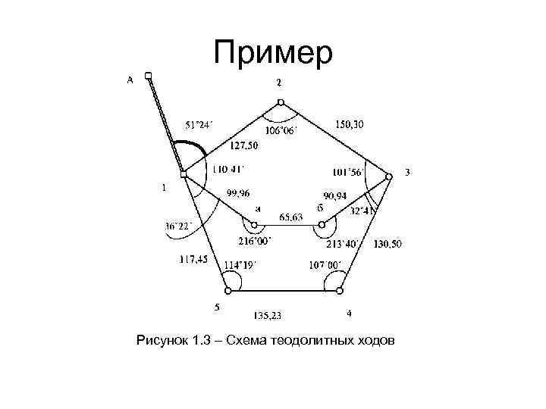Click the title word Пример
[x=274, y=53]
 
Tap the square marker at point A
[x=149, y=75]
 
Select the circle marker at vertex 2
[x=280, y=102]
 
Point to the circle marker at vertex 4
[x=340, y=289]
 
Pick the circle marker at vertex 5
[x=226, y=289]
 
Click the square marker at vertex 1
[x=184, y=175]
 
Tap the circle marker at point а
[x=254, y=225]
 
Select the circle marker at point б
[x=322, y=225]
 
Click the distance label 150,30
[x=348, y=124]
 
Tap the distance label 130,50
[x=388, y=244]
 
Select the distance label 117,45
[x=193, y=259]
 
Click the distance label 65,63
[x=290, y=217]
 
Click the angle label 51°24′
[x=199, y=124]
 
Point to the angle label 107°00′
[x=325, y=264]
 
